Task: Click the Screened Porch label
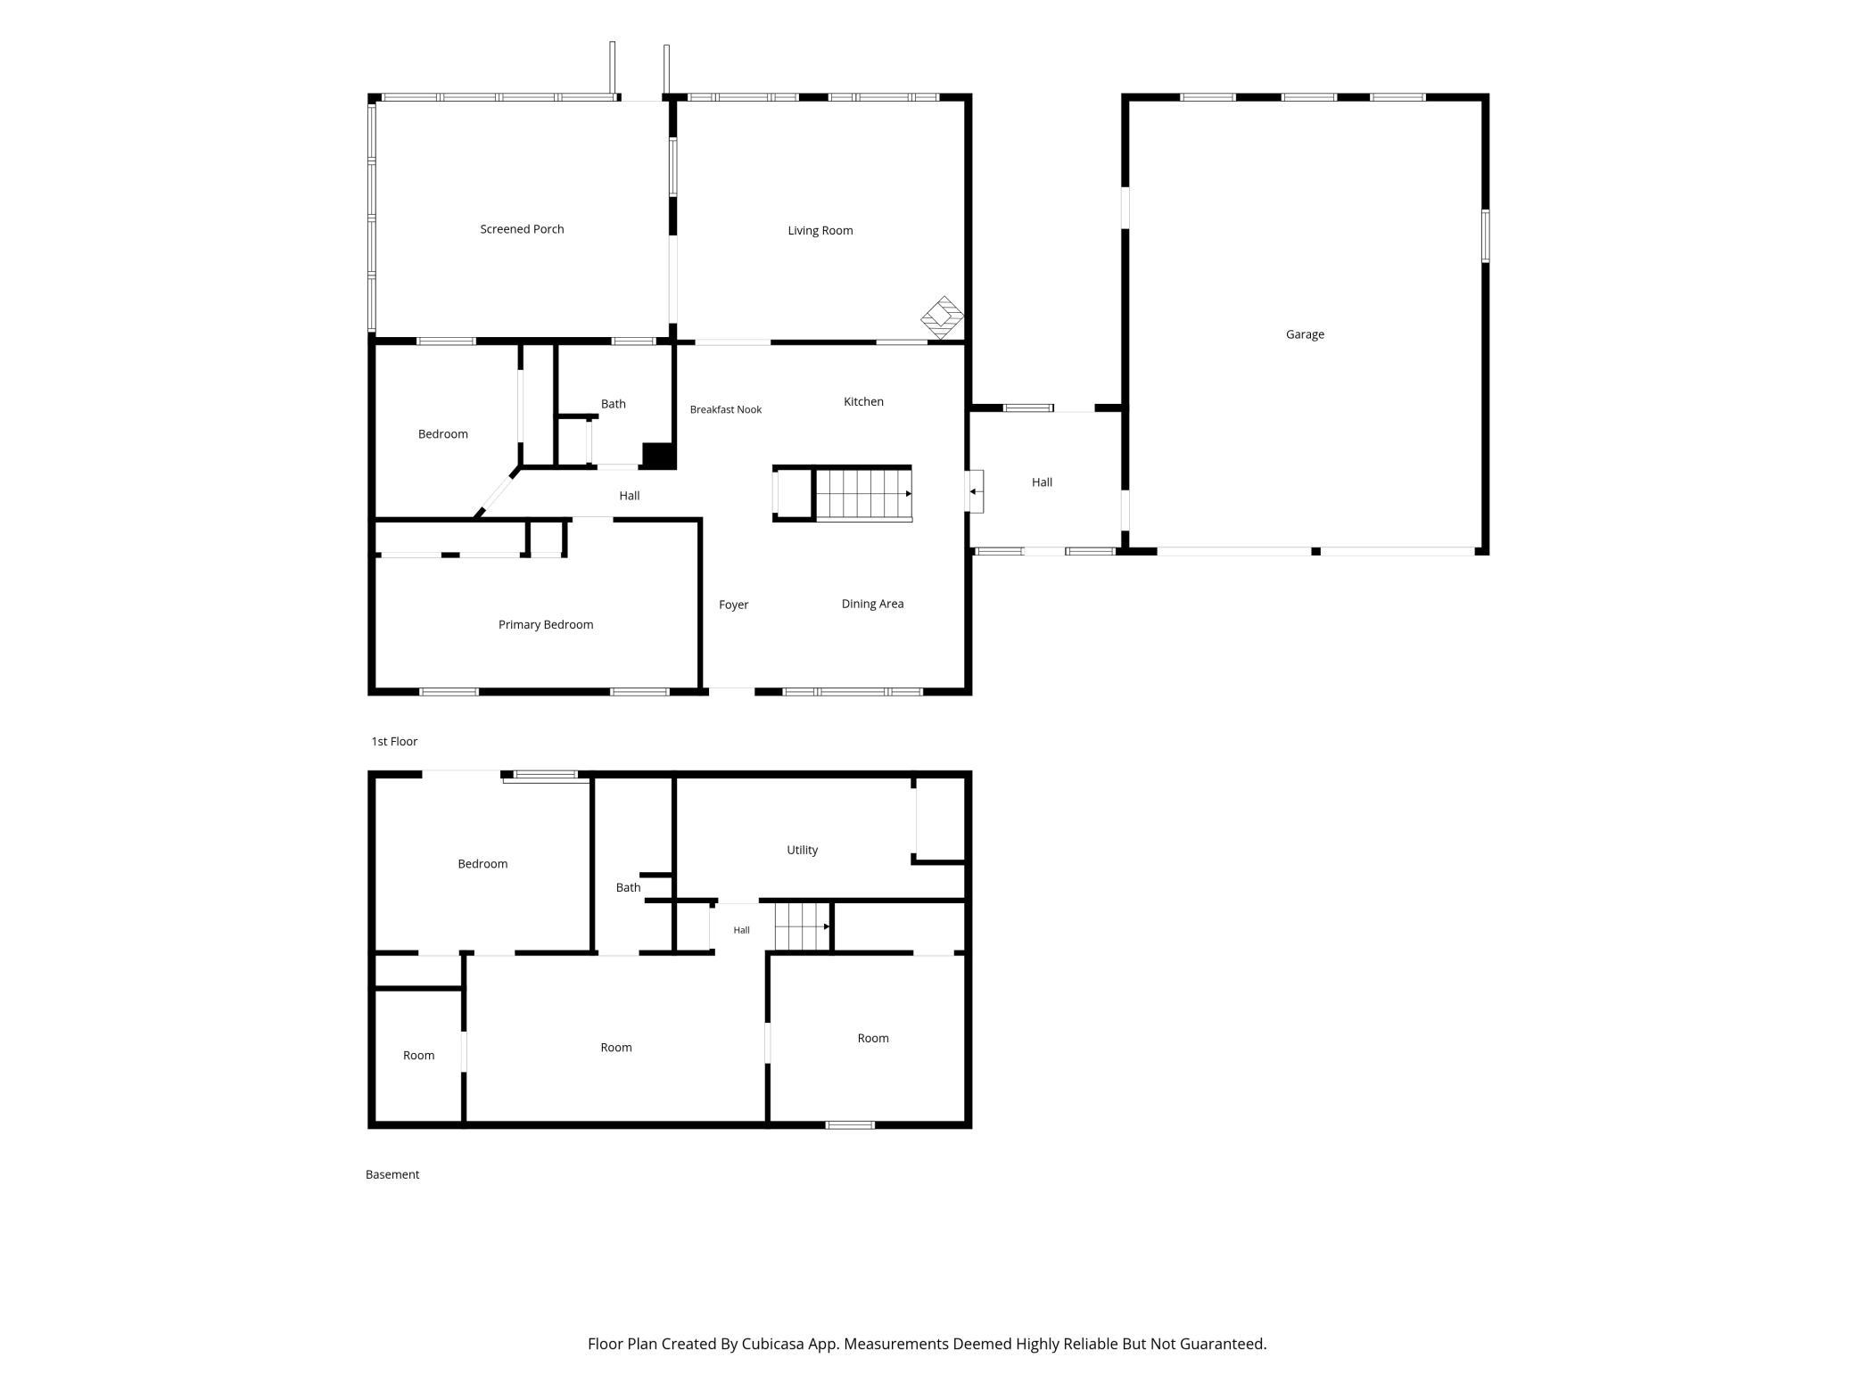(x=522, y=229)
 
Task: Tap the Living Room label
(x=820, y=231)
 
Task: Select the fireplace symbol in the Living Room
(x=943, y=317)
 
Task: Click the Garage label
(x=1305, y=334)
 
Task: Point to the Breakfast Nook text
(x=725, y=409)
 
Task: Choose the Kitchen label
(x=863, y=401)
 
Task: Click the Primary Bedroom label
(x=545, y=625)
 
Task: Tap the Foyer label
(x=733, y=605)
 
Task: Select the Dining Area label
(x=872, y=604)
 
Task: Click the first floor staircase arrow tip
(x=910, y=493)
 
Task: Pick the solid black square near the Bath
(x=658, y=455)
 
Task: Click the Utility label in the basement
(x=802, y=850)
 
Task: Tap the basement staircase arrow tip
(x=829, y=926)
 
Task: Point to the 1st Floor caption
(x=394, y=741)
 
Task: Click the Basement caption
(x=392, y=1174)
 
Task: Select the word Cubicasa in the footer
(x=773, y=1344)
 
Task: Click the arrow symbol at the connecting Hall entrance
(x=975, y=491)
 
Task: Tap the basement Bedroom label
(x=482, y=864)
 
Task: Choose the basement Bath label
(x=628, y=887)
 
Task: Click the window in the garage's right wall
(x=1486, y=236)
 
